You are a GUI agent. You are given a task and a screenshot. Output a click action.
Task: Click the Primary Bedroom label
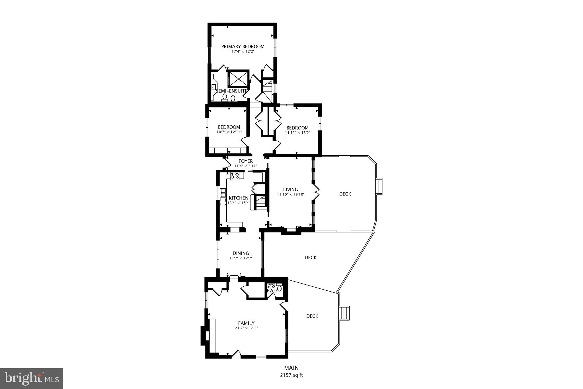(x=243, y=46)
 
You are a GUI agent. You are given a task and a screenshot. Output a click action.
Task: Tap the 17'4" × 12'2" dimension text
(x=243, y=52)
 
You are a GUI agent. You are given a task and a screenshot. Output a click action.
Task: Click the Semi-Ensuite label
(x=232, y=91)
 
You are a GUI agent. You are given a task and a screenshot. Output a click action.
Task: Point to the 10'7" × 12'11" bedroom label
(x=229, y=127)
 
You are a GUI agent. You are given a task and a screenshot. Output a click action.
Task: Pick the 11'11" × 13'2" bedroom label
(x=297, y=128)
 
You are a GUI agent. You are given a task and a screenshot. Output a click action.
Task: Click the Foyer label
(x=246, y=161)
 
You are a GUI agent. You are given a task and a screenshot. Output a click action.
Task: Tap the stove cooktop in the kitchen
(x=235, y=176)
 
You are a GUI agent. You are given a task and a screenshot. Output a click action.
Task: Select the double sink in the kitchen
(x=223, y=193)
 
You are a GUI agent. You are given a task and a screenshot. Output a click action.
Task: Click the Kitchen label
(x=239, y=198)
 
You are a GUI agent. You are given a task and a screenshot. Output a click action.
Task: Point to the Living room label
(x=291, y=190)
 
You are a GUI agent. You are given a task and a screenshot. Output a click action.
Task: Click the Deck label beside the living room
(x=345, y=194)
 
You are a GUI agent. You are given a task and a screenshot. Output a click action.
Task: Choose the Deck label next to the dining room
(x=311, y=258)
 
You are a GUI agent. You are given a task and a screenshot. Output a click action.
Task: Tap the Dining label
(x=241, y=253)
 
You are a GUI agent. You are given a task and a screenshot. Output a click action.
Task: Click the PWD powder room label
(x=272, y=291)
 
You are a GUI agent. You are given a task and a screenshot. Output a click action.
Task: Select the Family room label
(x=246, y=323)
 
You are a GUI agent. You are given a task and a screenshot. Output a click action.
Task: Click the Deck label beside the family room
(x=312, y=316)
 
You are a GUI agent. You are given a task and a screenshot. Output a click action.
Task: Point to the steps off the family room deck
(x=345, y=313)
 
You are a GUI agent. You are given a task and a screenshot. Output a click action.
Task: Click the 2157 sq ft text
(x=291, y=375)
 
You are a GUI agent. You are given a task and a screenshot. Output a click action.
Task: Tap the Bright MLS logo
(x=32, y=378)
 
